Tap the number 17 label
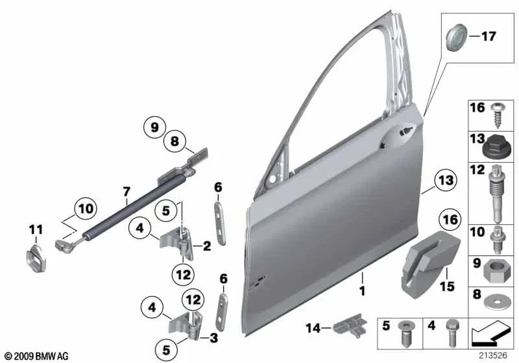[x=487, y=37]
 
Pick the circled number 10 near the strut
[x=84, y=208]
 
